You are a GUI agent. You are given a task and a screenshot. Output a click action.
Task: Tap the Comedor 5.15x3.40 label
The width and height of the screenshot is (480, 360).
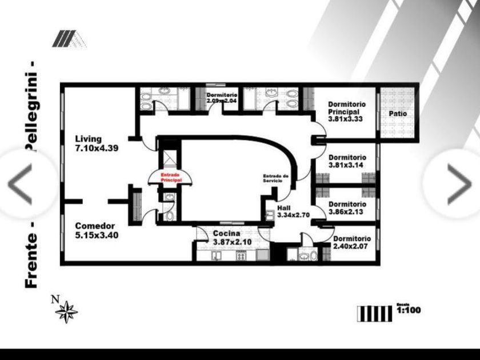tap(97, 230)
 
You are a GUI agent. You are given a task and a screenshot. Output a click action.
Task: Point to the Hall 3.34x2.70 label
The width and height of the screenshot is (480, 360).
tap(293, 212)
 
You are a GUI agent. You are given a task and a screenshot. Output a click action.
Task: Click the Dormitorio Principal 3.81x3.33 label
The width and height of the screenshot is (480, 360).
tap(347, 112)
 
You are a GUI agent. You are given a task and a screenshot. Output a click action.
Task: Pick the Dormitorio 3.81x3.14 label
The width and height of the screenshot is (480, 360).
tap(347, 161)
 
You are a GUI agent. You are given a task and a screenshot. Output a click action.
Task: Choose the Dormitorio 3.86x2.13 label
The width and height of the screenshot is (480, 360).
tap(347, 208)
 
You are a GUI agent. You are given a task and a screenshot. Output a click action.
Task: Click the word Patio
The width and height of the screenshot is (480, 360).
tap(398, 114)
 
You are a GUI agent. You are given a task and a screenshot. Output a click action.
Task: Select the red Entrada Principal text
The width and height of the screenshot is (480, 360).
tap(171, 177)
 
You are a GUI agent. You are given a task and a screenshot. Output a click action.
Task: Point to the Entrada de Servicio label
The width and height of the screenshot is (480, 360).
tap(276, 178)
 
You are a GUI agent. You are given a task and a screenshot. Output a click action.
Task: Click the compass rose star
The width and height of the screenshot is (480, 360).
tap(67, 311)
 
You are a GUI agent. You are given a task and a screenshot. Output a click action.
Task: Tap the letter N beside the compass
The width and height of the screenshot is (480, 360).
tap(55, 298)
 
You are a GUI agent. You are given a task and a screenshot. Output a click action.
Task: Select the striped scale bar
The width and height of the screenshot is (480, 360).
tap(375, 313)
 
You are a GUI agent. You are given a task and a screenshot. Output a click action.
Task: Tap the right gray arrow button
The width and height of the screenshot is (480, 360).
tap(459, 184)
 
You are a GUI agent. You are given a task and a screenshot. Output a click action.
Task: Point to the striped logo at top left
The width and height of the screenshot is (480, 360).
tap(67, 39)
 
